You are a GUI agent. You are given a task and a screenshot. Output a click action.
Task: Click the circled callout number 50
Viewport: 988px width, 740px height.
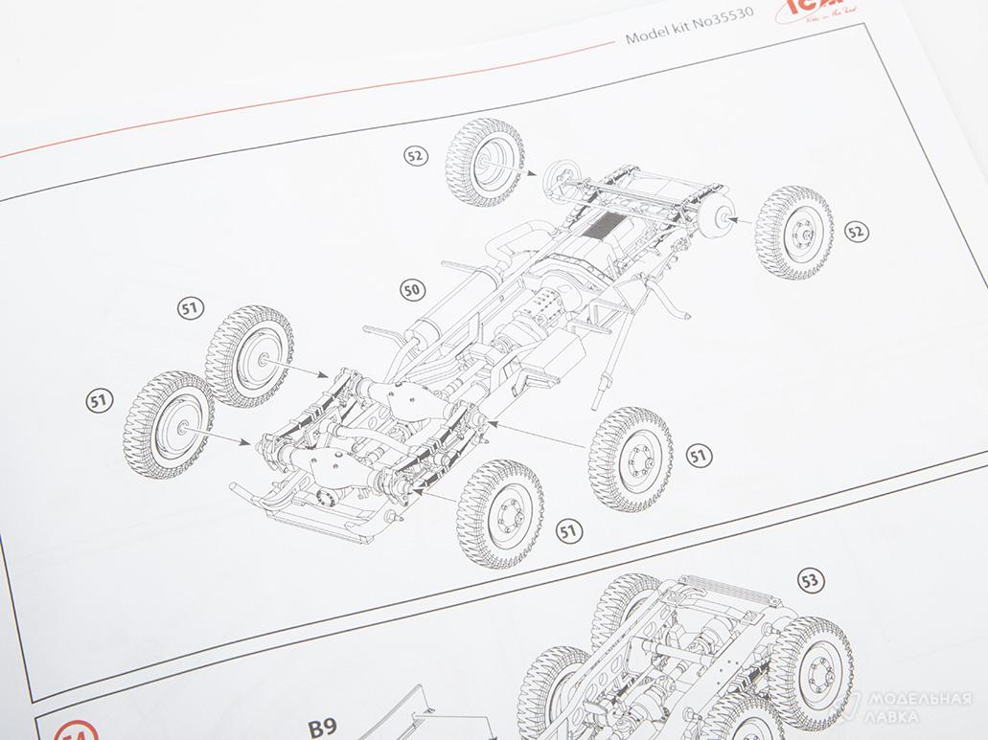coord(411,288)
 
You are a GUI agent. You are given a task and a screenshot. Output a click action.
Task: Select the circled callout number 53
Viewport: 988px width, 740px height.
coord(811,579)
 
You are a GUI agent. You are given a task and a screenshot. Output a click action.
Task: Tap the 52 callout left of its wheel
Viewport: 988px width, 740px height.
coord(414,154)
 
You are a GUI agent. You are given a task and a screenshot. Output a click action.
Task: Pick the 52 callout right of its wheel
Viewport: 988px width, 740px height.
coord(857,231)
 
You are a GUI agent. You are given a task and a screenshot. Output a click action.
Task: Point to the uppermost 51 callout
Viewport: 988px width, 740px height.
coord(190,307)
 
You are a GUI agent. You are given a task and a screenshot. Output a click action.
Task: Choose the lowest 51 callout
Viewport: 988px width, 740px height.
coord(569,529)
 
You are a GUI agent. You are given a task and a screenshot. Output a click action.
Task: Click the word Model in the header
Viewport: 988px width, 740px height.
coord(645,37)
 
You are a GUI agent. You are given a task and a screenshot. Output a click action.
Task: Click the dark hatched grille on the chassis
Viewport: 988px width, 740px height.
coord(603,230)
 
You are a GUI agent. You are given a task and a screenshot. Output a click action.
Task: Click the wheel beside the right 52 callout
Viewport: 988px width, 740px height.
coord(793,232)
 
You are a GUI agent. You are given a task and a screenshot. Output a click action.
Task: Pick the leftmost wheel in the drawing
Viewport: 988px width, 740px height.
coord(168,425)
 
